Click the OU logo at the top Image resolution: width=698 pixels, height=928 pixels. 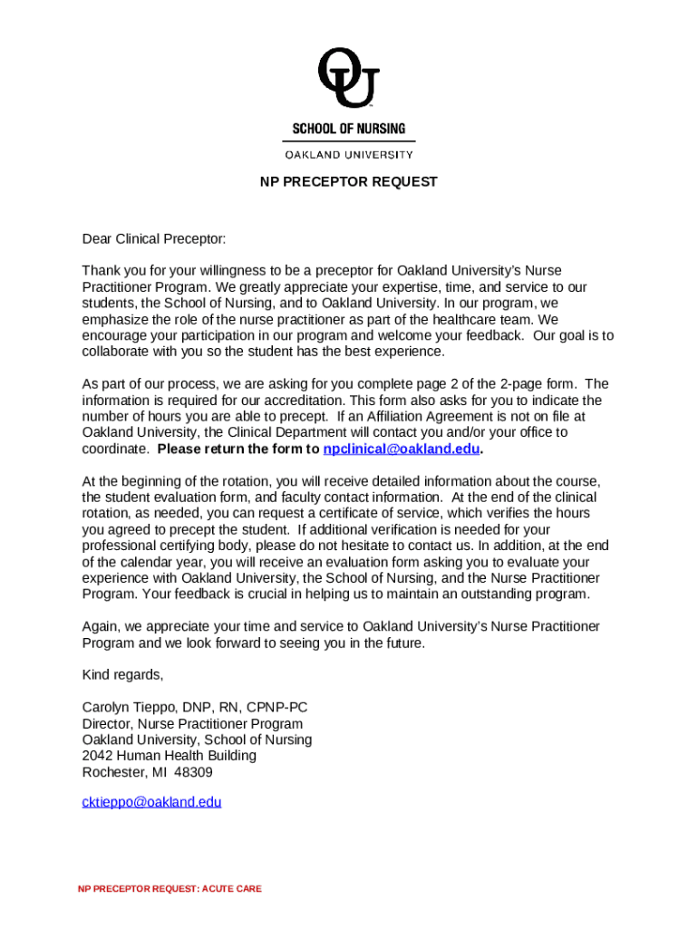click(x=348, y=77)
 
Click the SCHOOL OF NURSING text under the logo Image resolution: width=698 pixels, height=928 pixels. click(x=348, y=129)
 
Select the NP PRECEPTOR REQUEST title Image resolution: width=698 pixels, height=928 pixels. click(x=348, y=182)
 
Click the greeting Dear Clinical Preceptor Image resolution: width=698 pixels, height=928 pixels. click(x=153, y=239)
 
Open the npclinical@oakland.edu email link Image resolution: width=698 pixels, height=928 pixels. click(x=401, y=449)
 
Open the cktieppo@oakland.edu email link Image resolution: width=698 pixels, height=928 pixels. click(x=151, y=802)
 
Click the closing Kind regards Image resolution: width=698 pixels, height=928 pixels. click(x=122, y=674)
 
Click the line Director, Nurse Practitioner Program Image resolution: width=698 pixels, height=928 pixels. click(x=192, y=724)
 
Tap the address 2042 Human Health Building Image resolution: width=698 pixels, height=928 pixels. click(x=169, y=756)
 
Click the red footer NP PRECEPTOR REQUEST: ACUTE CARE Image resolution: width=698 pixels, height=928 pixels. click(x=170, y=889)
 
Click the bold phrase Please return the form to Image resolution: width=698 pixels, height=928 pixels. click(x=238, y=449)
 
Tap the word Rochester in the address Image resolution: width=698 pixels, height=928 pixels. click(x=113, y=772)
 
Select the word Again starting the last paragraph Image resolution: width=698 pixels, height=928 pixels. click(x=100, y=626)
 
